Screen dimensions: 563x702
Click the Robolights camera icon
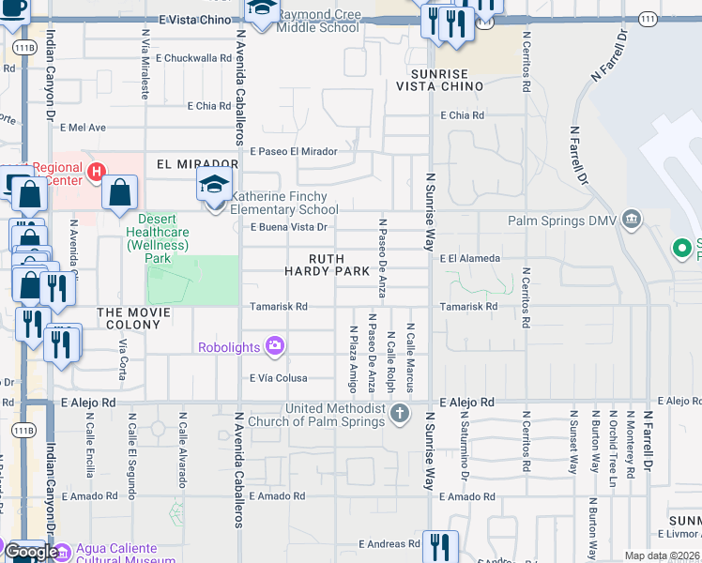click(x=274, y=347)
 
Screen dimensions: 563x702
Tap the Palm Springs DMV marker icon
click(x=632, y=221)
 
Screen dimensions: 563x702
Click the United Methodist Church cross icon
click(x=400, y=413)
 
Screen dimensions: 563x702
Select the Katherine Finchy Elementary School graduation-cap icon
click(x=214, y=185)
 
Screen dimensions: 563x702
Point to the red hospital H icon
click(x=95, y=172)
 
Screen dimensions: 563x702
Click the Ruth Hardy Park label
click(x=327, y=265)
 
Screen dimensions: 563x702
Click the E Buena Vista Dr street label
click(x=288, y=227)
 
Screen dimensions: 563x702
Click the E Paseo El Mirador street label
click(x=293, y=150)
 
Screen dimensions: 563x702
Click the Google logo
click(x=30, y=552)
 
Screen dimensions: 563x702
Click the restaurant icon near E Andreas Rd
click(x=439, y=545)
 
